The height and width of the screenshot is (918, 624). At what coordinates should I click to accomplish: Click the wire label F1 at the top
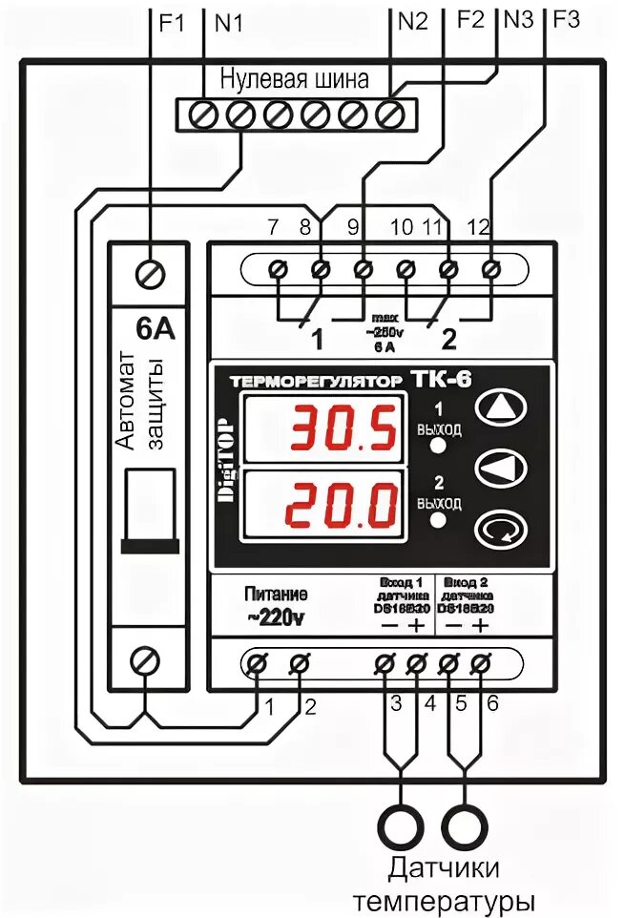(x=172, y=22)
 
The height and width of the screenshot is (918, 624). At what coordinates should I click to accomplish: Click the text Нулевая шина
(x=295, y=79)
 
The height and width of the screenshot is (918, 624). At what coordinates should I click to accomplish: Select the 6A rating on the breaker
(x=155, y=330)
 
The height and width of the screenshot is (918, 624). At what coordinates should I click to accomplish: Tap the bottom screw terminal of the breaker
(x=145, y=658)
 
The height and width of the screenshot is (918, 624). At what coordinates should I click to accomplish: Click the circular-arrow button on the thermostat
(x=499, y=526)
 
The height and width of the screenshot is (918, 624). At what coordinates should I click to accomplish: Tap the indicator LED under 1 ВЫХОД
(x=438, y=446)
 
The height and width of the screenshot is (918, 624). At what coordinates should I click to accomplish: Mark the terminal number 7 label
(x=273, y=227)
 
